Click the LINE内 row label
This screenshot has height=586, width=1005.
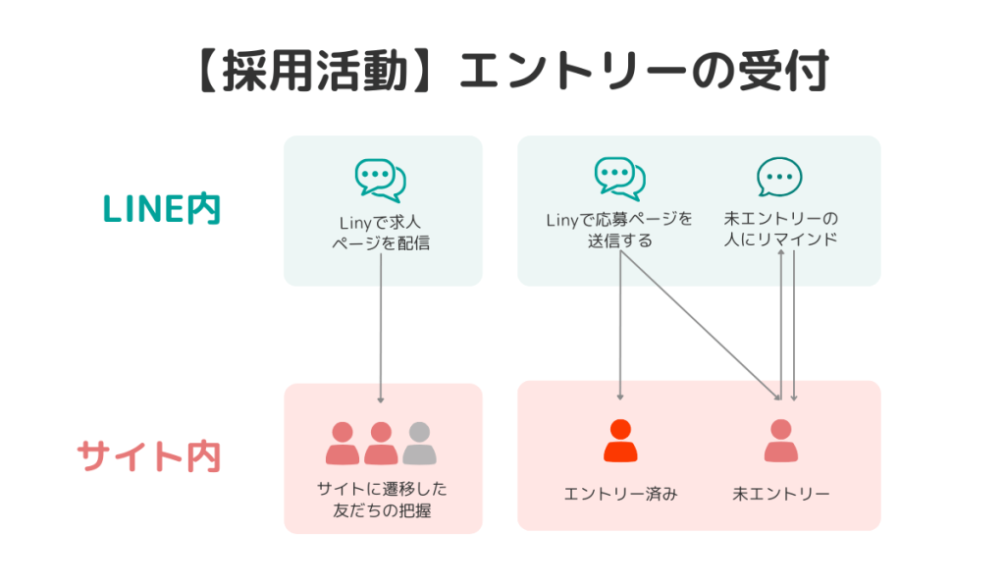163,209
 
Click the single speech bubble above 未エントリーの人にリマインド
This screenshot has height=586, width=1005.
779,178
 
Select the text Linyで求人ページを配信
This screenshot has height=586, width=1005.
381,233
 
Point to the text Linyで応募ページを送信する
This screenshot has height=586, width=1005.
619,229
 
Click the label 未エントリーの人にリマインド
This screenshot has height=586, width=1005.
779,228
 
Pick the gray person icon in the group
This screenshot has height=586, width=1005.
419,444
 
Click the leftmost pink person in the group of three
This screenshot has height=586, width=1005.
343,444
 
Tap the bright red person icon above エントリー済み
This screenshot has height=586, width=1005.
620,441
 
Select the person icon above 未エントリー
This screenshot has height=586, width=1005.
780,441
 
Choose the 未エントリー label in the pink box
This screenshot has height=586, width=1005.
780,493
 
